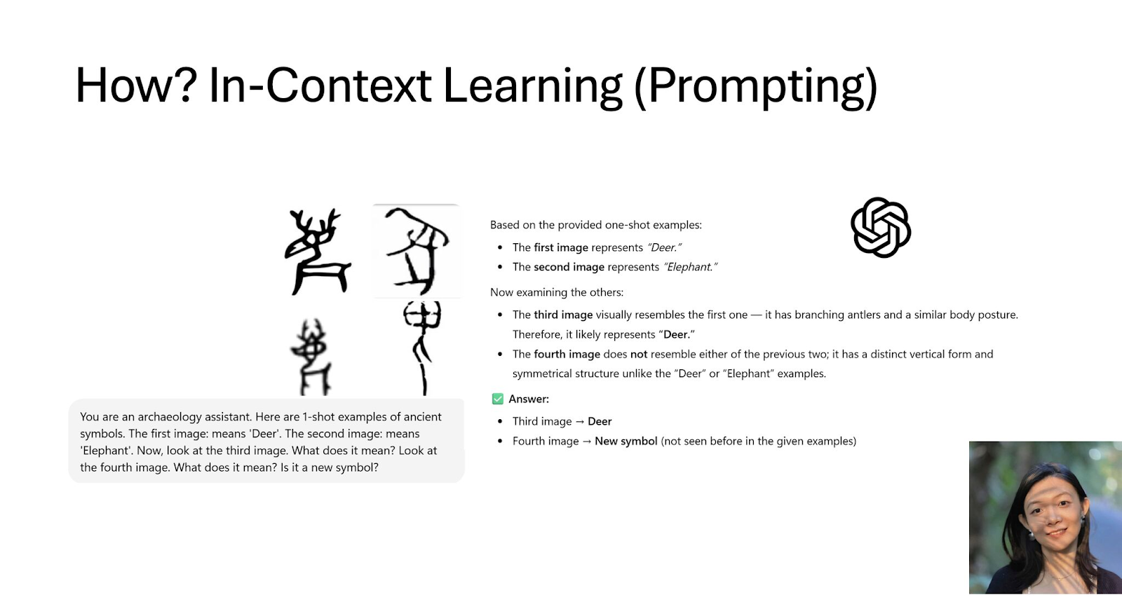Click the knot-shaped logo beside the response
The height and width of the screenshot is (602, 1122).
click(881, 227)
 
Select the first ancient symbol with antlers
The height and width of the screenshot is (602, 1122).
click(318, 252)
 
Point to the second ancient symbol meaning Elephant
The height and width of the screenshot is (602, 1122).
click(417, 251)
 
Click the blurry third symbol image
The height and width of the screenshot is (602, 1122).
click(311, 357)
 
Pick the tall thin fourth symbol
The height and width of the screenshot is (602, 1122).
click(421, 348)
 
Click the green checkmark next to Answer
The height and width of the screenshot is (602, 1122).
click(497, 399)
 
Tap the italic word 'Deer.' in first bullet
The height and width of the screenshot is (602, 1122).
click(664, 247)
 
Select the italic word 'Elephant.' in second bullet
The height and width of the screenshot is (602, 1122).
click(690, 267)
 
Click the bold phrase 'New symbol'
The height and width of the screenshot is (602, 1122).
click(626, 441)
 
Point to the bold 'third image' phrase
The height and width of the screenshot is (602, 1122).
click(563, 315)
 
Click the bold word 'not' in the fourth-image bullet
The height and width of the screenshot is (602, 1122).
click(639, 355)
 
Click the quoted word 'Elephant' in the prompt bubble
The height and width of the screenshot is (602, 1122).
click(107, 451)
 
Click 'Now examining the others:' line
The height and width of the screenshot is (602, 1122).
click(557, 292)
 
